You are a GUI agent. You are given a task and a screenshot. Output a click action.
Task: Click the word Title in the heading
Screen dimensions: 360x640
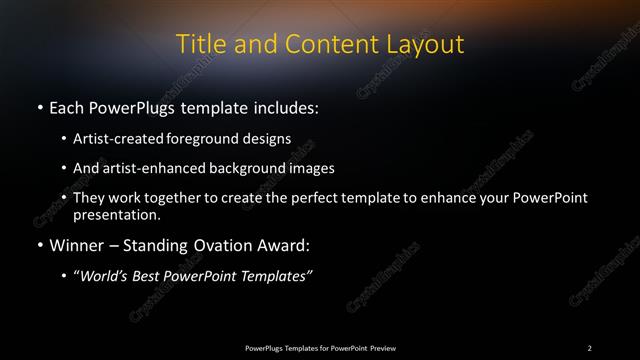pos(199,44)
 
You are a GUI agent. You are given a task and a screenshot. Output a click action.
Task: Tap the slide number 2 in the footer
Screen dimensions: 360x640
pos(590,347)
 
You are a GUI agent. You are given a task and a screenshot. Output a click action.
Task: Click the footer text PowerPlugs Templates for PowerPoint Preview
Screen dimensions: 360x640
pos(320,347)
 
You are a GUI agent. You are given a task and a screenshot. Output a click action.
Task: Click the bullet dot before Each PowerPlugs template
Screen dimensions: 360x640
pos(39,107)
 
